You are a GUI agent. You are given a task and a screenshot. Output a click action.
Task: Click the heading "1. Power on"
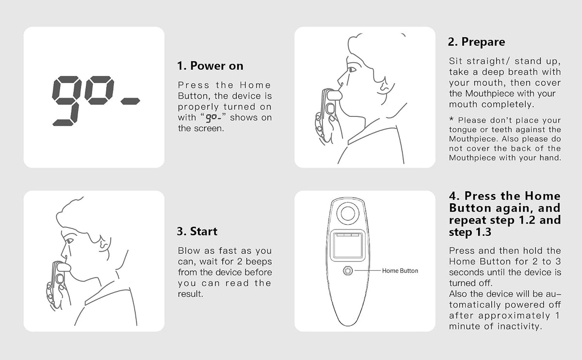(210, 66)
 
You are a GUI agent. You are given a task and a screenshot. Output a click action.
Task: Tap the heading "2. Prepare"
(476, 42)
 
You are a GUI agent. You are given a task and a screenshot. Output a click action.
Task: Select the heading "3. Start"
(197, 231)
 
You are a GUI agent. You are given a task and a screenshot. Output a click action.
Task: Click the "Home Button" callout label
(400, 271)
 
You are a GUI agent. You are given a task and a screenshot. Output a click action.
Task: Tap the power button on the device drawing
(348, 271)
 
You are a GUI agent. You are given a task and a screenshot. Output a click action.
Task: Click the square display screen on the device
(348, 245)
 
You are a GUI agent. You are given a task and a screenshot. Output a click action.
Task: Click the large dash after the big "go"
(130, 101)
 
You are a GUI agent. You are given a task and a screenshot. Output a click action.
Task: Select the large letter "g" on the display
(66, 101)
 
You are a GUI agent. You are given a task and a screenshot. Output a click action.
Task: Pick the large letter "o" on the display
(99, 90)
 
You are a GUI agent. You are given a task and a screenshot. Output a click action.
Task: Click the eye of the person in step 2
(352, 70)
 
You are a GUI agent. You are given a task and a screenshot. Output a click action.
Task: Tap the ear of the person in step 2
(384, 86)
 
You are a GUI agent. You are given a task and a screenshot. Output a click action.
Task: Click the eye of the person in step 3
(70, 241)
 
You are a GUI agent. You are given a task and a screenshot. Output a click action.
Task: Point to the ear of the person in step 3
(103, 245)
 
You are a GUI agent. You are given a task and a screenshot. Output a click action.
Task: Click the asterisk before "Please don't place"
(452, 119)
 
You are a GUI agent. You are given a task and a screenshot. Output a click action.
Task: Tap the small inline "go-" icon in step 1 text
(213, 118)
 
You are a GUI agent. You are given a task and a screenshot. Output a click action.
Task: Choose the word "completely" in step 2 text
(508, 104)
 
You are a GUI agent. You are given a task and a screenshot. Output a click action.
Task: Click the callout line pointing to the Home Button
(368, 271)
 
